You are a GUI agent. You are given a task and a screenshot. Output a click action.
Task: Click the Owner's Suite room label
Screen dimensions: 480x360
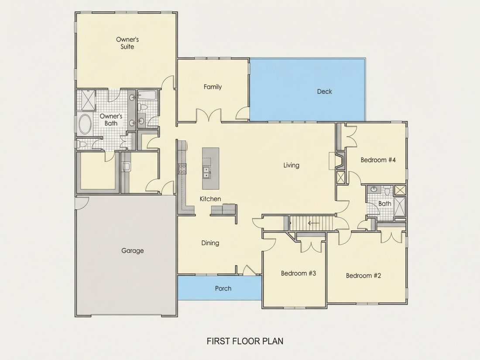pos(127,43)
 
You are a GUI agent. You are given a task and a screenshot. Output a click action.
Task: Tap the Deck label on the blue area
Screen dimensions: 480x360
pos(325,91)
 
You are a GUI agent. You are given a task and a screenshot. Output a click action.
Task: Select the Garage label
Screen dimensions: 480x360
pos(133,251)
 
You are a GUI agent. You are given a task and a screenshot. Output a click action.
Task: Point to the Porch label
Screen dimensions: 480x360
pos(223,288)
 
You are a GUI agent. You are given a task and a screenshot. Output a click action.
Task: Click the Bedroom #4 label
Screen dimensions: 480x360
pos(378,160)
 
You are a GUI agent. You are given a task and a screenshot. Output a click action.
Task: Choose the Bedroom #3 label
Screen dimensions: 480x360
pos(298,273)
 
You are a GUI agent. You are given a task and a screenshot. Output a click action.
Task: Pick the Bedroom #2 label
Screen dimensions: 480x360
pos(363,275)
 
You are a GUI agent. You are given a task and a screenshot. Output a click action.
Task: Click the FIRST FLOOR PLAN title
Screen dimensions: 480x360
pos(245,341)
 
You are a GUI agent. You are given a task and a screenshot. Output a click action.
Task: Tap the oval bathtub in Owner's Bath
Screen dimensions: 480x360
pos(85,124)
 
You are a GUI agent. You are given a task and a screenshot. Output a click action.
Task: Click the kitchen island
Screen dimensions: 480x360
pos(211,169)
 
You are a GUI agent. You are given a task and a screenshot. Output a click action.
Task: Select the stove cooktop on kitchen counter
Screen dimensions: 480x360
pos(182,169)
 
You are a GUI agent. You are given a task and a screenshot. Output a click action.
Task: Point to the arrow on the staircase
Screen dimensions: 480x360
pos(313,223)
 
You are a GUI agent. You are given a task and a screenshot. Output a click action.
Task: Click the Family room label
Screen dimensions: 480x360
pos(213,87)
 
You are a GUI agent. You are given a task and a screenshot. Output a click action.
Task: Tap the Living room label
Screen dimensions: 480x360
pos(291,165)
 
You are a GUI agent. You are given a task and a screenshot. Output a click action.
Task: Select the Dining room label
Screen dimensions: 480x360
pos(210,243)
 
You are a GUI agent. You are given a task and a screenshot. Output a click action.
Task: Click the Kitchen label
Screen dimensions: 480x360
pos(210,199)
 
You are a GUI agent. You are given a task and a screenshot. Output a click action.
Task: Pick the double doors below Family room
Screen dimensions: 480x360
pos(209,115)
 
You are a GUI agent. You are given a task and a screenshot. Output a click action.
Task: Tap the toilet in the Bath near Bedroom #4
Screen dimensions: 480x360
pos(387,191)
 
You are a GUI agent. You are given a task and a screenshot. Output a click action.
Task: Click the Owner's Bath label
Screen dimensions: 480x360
pos(111,120)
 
